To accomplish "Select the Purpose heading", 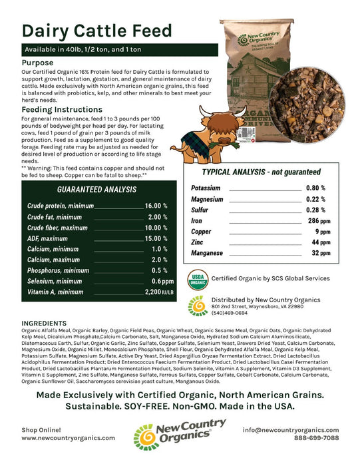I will (41, 62).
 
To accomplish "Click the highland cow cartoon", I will (199, 126).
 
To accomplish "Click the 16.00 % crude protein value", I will (156, 207).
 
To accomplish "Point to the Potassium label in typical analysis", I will (206, 188).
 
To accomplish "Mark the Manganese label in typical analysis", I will (207, 253).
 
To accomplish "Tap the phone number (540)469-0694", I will (229, 312).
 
